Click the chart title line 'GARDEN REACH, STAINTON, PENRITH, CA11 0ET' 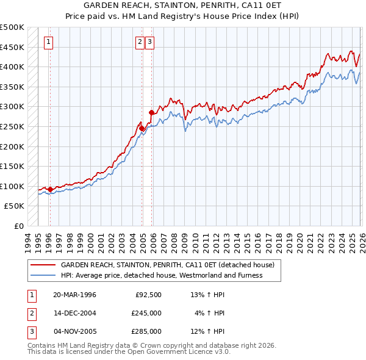tap(182, 6)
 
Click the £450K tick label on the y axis tap(12, 47)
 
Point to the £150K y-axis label tap(12, 166)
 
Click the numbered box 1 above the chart tap(48, 42)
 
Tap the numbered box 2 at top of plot tap(140, 42)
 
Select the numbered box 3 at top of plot tap(149, 42)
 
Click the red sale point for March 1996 tap(50, 189)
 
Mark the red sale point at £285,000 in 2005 tap(151, 113)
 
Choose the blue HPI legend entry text tap(162, 275)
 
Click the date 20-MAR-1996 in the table tap(74, 295)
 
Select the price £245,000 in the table tap(146, 313)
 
